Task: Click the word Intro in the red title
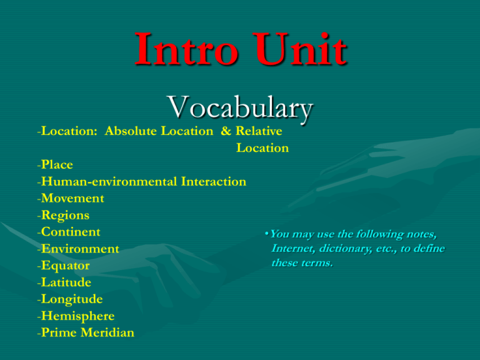coord(186,49)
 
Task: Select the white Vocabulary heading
coord(240,107)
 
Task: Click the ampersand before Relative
coord(226,131)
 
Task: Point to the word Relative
coord(259,131)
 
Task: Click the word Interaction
coord(214,181)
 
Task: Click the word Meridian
coord(107,332)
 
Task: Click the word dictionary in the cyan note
coord(346,249)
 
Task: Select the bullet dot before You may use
coord(267,234)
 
